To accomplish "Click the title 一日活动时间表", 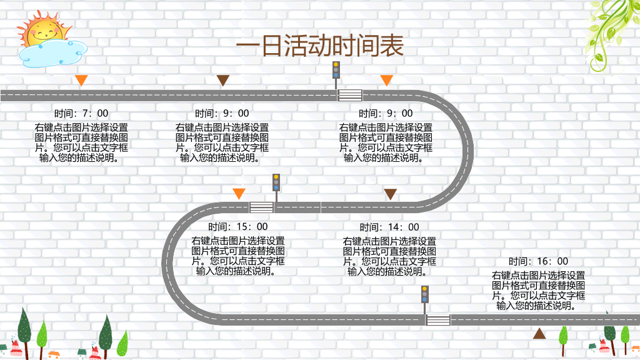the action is [x=320, y=45].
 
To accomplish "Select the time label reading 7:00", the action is [x=81, y=113].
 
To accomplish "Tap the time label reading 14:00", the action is [x=389, y=227].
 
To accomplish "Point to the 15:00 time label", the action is [x=238, y=226].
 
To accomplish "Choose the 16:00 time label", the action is [x=538, y=261].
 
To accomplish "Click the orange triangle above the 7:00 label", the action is [x=81, y=80].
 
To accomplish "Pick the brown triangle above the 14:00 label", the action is [x=390, y=194].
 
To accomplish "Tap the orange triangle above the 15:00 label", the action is [x=239, y=194].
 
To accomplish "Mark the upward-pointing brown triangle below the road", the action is [x=539, y=334].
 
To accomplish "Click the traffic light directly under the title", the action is [x=336, y=75].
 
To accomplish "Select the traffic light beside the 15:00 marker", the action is [x=276, y=187].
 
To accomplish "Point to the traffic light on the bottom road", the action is [x=425, y=300].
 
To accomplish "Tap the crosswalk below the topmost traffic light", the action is [x=350, y=96].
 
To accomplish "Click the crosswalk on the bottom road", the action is [x=438, y=320].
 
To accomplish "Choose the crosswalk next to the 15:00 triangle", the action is [x=262, y=207].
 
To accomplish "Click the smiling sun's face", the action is [x=44, y=31].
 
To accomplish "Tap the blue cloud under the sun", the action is [x=52, y=54].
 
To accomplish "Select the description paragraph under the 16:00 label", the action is [x=538, y=291].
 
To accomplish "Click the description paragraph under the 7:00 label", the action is [x=81, y=143].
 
